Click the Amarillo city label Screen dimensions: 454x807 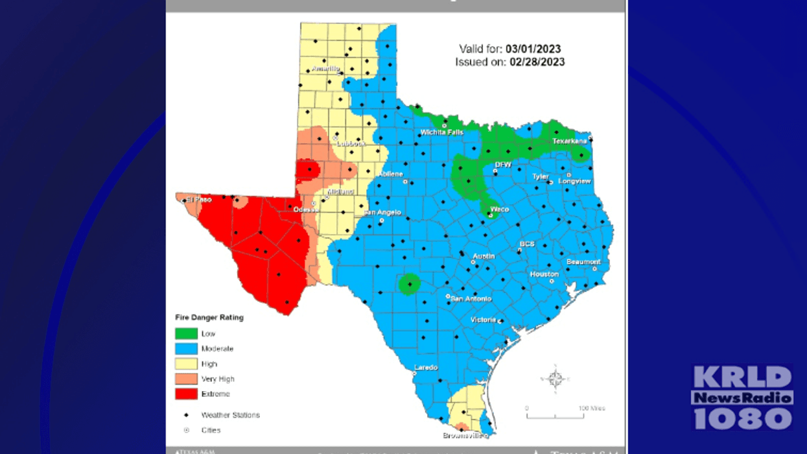[325, 68]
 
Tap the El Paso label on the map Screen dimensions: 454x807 [199, 200]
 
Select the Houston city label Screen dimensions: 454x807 [544, 274]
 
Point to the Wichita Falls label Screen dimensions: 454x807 [442, 132]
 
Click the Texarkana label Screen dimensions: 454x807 [570, 141]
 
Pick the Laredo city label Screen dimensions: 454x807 [426, 368]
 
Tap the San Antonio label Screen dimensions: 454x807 [471, 299]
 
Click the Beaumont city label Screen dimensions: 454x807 [583, 262]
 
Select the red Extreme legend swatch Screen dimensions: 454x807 [186, 394]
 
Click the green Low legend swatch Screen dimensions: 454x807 [186, 333]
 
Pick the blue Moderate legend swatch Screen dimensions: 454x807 [186, 348]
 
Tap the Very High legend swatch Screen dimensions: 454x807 [186, 379]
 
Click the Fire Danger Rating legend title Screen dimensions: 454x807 [209, 318]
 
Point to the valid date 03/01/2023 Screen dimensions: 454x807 [533, 49]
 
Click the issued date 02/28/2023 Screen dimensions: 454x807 [537, 62]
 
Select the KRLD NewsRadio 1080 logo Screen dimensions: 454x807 [743, 398]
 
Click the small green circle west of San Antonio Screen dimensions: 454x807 [409, 284]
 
